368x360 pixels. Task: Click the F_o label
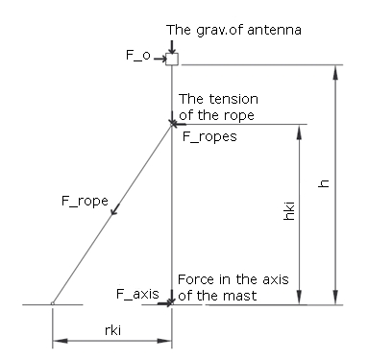137,56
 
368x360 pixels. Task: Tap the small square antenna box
172,60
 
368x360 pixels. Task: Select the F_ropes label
209,136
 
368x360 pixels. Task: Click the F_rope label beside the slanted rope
85,202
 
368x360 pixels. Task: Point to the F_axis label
137,294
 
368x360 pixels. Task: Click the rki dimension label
112,330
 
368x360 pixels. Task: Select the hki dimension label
289,211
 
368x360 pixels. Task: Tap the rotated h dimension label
324,183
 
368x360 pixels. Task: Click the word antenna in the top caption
274,30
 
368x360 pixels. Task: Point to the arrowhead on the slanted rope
114,210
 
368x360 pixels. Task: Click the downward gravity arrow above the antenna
172,47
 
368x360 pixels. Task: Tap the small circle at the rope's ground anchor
53,303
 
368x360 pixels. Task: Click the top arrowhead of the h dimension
335,72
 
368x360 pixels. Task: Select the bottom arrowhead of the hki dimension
299,298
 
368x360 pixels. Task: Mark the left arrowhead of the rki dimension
60,341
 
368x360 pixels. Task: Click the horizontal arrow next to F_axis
164,302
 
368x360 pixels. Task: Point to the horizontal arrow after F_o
159,59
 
